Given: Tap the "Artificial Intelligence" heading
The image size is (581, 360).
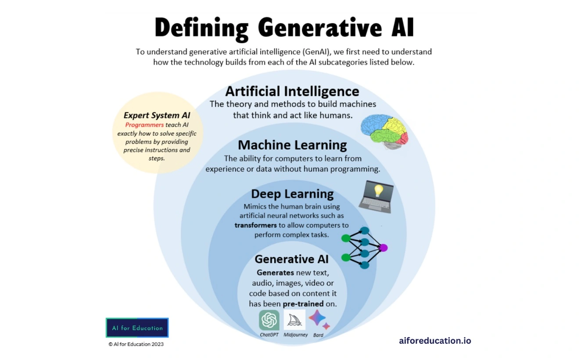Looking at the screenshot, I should (292, 91).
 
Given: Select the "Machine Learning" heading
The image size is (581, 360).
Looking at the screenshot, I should (292, 145).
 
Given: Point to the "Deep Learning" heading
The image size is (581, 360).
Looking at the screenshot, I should (292, 194).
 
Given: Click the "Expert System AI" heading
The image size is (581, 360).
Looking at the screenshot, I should (157, 115).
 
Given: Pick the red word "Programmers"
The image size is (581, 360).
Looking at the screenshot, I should (144, 125).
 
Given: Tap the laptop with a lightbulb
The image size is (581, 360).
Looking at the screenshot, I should (376, 197).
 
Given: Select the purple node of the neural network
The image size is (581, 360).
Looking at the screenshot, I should (383, 248).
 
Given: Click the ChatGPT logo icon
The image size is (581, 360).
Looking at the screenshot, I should (269, 320).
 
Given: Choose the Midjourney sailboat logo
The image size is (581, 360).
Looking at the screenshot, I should (294, 320).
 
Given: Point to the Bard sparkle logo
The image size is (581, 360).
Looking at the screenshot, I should (319, 320).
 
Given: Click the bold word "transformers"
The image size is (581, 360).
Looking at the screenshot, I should (255, 225).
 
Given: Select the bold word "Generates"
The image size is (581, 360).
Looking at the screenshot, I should (275, 273).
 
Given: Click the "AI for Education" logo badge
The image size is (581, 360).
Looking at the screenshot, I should (137, 328).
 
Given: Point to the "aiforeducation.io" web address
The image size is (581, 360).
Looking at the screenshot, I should (435, 341).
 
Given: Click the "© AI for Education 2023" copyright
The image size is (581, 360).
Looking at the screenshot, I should (136, 344).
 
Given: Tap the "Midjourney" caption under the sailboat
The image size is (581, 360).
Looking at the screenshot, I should (295, 335).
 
